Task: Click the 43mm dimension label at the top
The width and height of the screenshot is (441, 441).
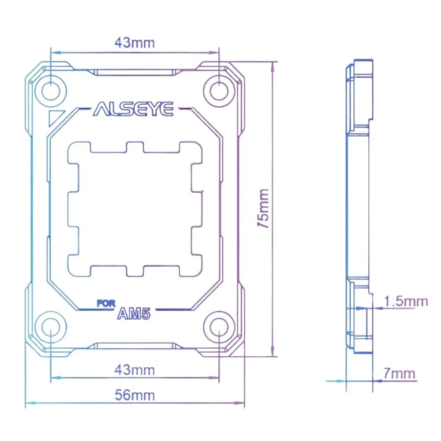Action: tap(135, 43)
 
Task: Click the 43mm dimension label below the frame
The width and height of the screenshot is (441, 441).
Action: tap(135, 370)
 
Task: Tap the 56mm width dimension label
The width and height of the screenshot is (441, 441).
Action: tap(135, 395)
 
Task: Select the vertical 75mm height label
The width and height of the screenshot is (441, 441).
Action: tap(263, 208)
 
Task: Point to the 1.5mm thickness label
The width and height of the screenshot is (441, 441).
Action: tap(406, 302)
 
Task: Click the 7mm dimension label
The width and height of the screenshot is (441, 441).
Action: tap(399, 374)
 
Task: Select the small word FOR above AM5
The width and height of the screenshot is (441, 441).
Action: tap(106, 304)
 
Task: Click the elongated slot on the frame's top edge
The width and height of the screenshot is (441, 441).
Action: tap(135, 72)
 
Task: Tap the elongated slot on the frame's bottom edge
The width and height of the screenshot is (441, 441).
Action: tap(135, 346)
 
